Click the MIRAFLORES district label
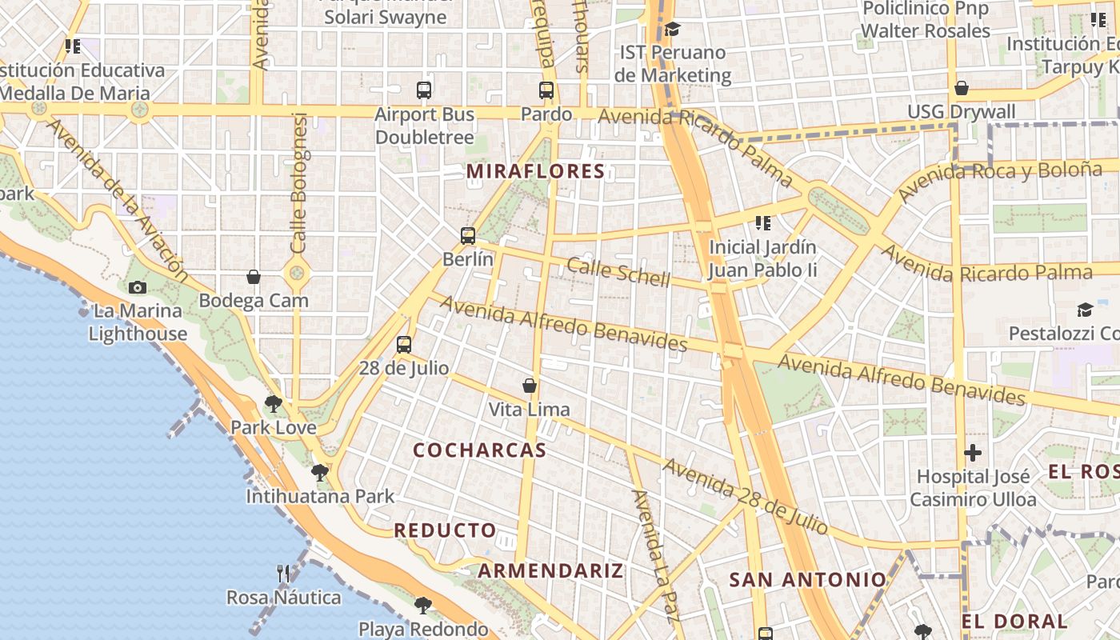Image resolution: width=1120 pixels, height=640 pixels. click(535, 171)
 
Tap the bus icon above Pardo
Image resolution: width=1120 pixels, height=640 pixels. click(546, 90)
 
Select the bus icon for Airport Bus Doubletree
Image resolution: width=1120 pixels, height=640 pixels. click(424, 90)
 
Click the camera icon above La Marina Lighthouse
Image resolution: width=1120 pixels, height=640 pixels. click(138, 287)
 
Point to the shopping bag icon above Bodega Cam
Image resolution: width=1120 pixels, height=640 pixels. click(254, 277)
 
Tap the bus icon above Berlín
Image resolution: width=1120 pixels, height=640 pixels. click(468, 236)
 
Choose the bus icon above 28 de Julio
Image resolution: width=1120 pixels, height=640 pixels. click(404, 345)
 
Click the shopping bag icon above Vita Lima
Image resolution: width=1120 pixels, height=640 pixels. click(529, 386)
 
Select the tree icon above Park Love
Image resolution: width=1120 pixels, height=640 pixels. click(274, 403)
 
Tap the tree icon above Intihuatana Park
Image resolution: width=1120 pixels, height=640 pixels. click(320, 473)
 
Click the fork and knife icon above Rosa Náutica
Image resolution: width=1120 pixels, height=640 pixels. click(283, 573)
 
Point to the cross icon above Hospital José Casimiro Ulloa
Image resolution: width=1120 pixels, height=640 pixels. click(973, 454)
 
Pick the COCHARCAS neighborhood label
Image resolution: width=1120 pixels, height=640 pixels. click(480, 450)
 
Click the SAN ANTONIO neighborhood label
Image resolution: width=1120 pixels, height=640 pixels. click(808, 580)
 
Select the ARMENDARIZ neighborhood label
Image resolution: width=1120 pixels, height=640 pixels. click(550, 571)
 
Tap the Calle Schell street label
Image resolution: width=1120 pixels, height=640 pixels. click(618, 272)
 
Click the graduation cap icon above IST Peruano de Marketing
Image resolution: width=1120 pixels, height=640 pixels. click(672, 30)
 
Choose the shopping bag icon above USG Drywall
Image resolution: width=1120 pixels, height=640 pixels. click(962, 88)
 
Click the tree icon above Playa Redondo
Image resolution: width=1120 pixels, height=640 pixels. click(422, 606)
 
